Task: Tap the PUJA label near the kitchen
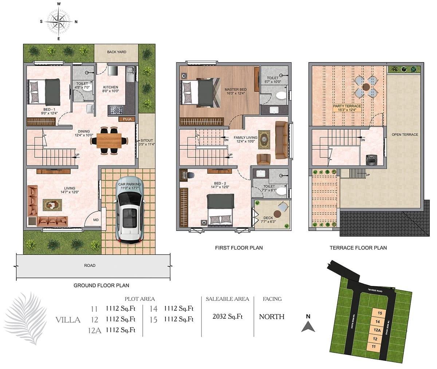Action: point(127,119)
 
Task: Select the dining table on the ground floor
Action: point(109,141)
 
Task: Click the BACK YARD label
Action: point(117,52)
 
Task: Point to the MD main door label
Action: point(96,220)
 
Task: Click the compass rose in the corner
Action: point(59,21)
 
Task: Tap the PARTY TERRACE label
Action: point(347,106)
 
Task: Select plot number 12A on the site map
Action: point(377,330)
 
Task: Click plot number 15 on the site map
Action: point(380,313)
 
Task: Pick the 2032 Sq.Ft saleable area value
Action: point(228,316)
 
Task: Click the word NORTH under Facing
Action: point(272,317)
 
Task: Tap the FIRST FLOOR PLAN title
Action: point(239,248)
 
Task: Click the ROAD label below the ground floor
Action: point(90,265)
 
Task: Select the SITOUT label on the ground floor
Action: point(146,140)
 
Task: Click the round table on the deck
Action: point(277,214)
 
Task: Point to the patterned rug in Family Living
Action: point(264,140)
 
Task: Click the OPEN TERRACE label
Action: point(405,135)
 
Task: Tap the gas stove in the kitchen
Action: point(115,110)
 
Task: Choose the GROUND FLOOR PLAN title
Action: point(101,286)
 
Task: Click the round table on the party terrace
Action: point(366,87)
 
